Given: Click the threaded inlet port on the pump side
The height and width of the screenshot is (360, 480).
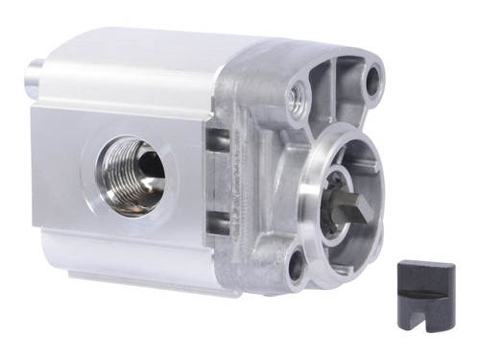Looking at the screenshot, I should pos(134,173).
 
